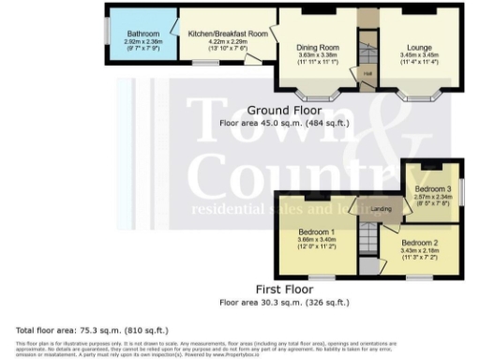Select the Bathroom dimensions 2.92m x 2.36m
(x=143, y=42)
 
